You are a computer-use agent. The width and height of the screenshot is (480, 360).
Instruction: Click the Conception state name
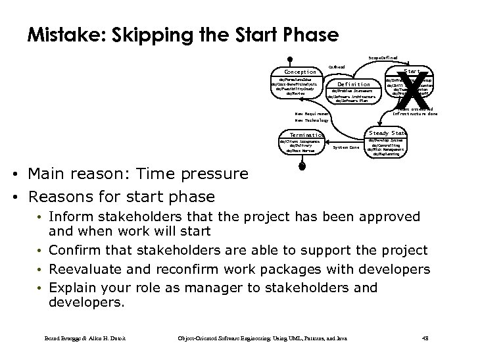(x=299, y=72)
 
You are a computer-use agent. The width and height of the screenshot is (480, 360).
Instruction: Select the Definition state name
(x=354, y=84)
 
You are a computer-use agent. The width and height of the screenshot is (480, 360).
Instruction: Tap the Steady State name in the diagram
(x=388, y=133)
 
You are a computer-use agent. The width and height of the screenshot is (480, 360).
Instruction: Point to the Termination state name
(x=299, y=135)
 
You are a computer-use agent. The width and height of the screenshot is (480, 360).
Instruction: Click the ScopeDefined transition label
(x=383, y=59)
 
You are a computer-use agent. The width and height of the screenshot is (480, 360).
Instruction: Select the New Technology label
(x=312, y=120)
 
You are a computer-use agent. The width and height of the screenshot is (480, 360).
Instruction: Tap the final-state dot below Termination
(x=302, y=167)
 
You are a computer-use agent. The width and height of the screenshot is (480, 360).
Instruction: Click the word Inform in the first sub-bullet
(x=70, y=217)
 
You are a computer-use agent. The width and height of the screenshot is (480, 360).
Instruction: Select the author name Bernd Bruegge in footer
(x=60, y=338)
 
